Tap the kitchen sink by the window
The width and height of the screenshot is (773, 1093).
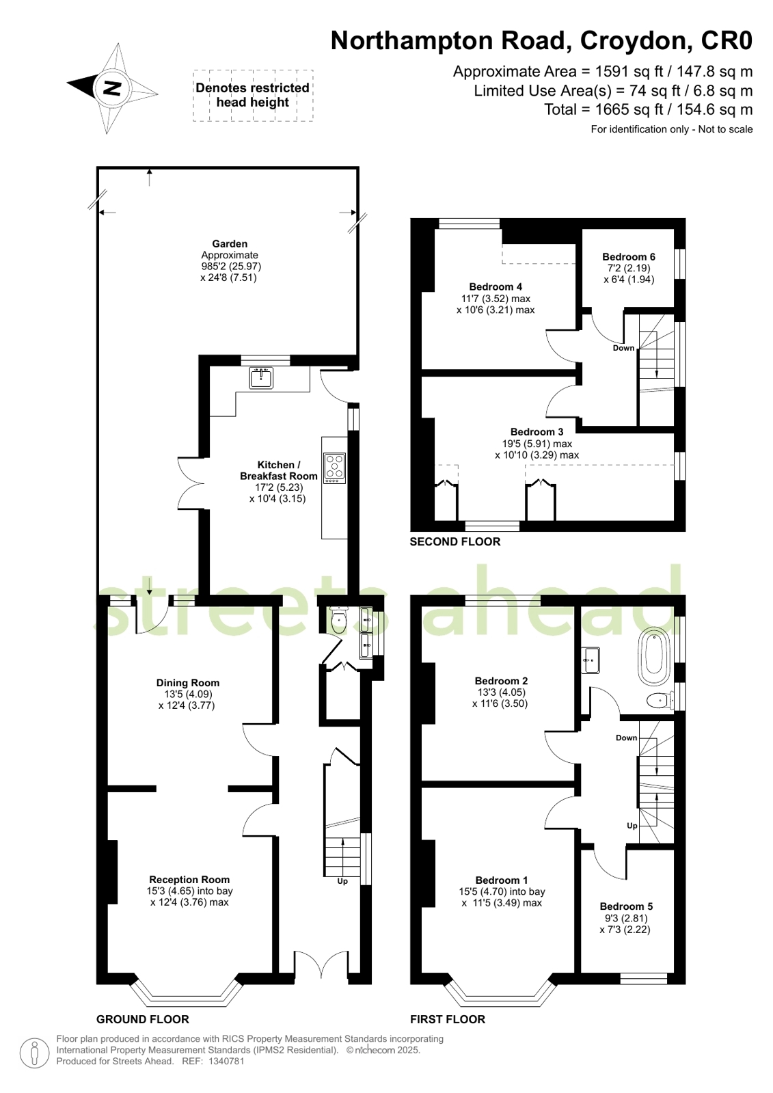261,378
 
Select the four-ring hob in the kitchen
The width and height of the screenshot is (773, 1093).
335,468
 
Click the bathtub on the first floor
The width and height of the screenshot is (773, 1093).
656,656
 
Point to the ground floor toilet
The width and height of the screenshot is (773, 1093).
338,620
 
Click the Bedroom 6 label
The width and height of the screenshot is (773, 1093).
629,256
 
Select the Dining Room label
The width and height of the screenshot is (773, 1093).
188,683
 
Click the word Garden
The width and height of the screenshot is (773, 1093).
230,243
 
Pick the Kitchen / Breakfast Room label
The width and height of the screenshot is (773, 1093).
279,470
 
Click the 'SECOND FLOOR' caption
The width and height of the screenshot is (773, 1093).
455,541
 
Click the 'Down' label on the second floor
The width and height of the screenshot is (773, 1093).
624,348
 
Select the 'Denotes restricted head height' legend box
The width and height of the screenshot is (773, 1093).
253,95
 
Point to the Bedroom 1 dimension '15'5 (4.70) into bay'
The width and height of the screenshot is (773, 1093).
502,891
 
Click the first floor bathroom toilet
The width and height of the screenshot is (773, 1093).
660,701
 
